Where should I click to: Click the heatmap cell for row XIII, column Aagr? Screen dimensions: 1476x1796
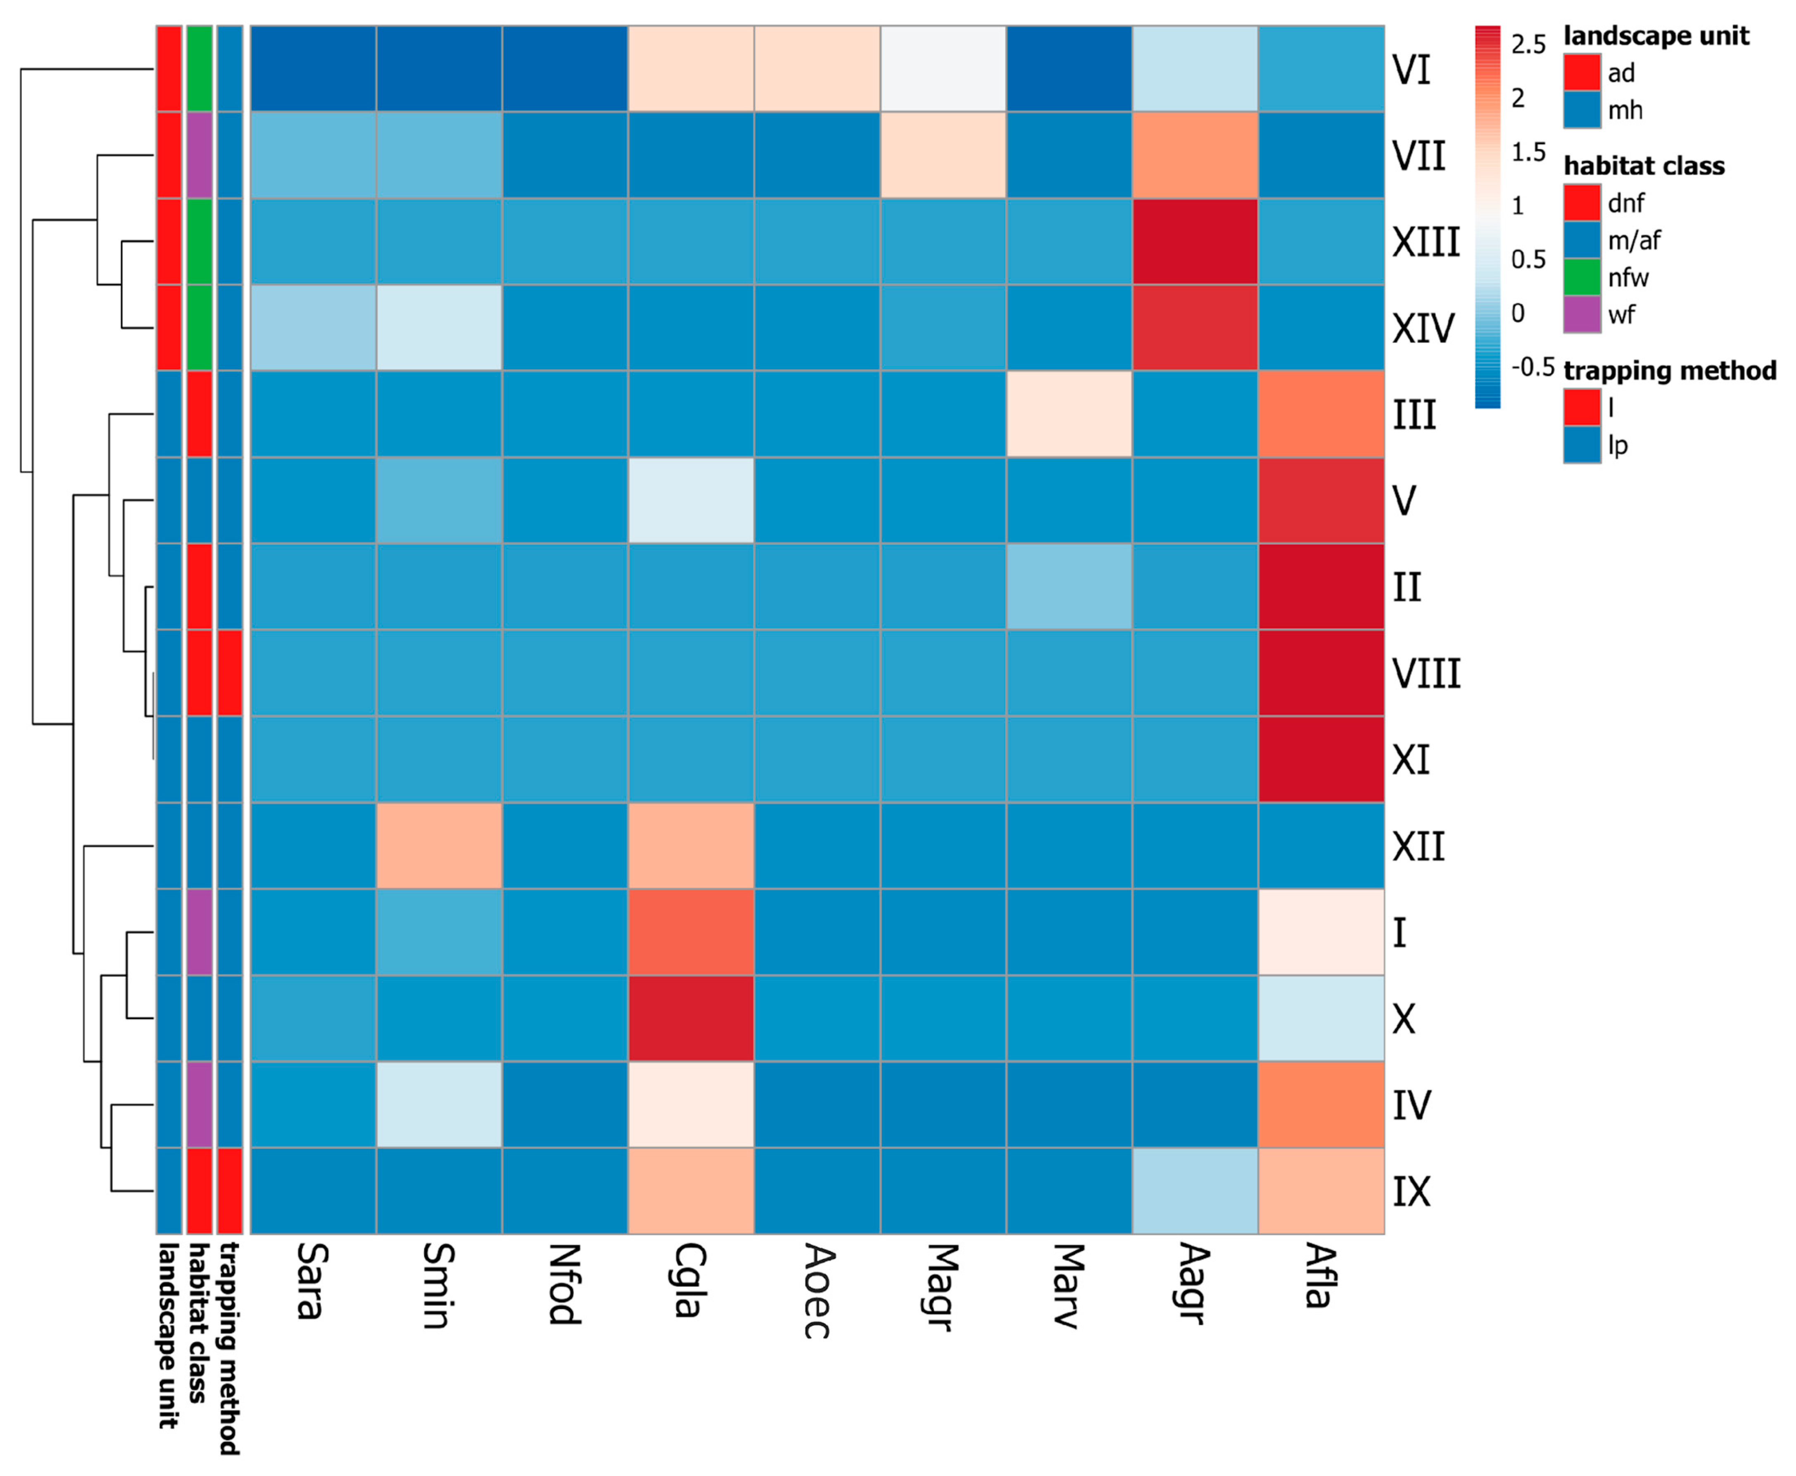point(1194,242)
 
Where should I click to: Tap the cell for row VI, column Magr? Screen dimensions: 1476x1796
point(943,69)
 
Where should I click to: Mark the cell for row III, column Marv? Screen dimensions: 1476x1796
point(1069,414)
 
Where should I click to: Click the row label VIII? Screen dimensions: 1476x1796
point(1425,673)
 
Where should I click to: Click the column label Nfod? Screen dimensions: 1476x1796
point(563,1284)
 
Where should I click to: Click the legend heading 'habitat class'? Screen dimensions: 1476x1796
point(1644,166)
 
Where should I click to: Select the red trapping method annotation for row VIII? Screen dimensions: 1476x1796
point(230,673)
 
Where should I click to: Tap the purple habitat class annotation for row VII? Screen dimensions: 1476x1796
point(199,155)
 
